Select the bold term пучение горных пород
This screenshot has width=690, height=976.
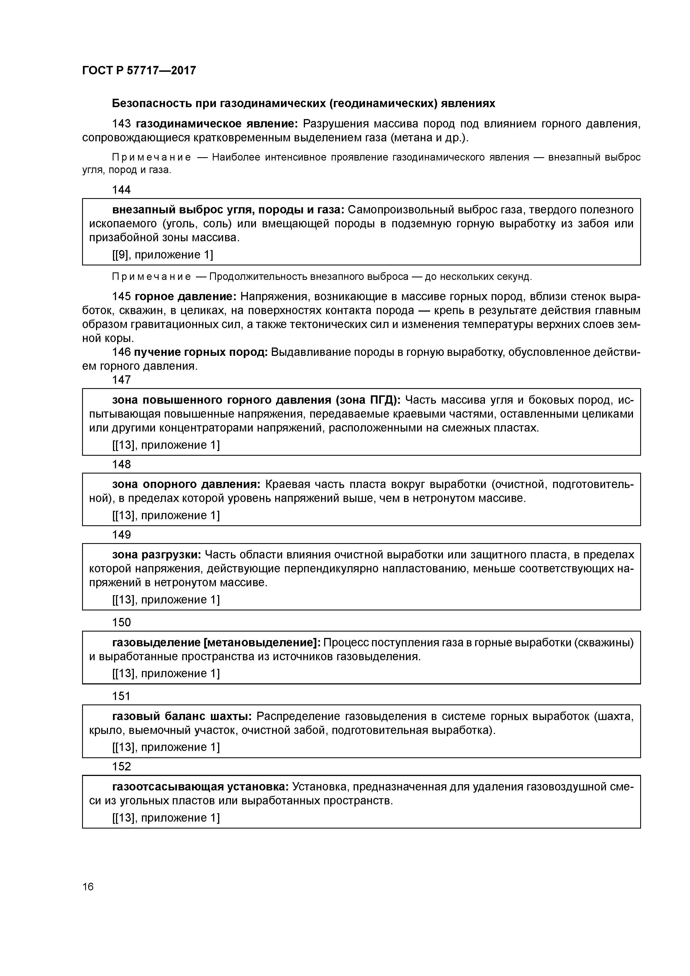click(x=201, y=353)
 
